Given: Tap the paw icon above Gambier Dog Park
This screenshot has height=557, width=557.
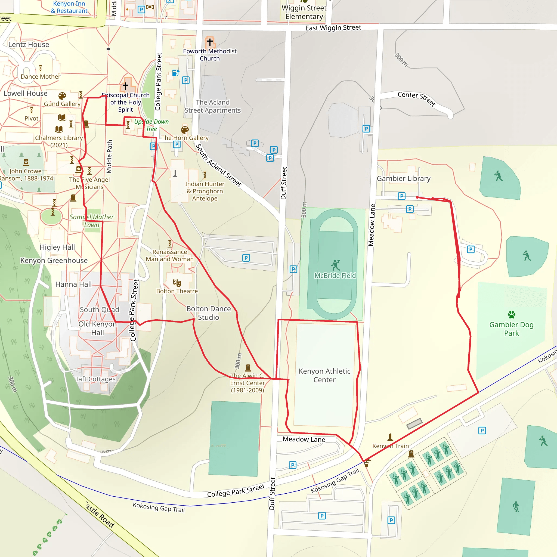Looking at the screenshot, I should tap(512, 314).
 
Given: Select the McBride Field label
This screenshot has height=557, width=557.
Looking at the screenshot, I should tap(335, 276).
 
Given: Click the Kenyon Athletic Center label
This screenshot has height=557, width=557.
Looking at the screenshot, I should tap(324, 375).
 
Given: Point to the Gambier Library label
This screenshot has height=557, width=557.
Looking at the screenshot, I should tap(403, 178).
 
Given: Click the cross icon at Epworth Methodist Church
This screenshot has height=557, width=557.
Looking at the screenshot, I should tap(210, 42).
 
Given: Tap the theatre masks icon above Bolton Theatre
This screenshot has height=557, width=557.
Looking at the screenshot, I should tap(177, 283).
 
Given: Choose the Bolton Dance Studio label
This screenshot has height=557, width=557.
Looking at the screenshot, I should tap(208, 313).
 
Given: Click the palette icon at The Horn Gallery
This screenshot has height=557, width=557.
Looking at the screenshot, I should tap(185, 130).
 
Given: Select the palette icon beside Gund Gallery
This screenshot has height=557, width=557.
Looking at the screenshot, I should tap(62, 96).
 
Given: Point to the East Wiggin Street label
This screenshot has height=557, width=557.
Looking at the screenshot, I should tap(333, 28).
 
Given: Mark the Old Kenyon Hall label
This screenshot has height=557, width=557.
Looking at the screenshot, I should tap(97, 328).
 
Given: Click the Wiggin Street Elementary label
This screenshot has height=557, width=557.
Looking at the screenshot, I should tap(304, 12).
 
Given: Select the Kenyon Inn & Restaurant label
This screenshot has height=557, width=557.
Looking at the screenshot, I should tap(69, 7).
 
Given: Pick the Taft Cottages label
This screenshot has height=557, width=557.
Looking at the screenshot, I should tap(95, 379).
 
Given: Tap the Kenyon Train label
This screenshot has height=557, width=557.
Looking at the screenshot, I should tap(390, 446).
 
